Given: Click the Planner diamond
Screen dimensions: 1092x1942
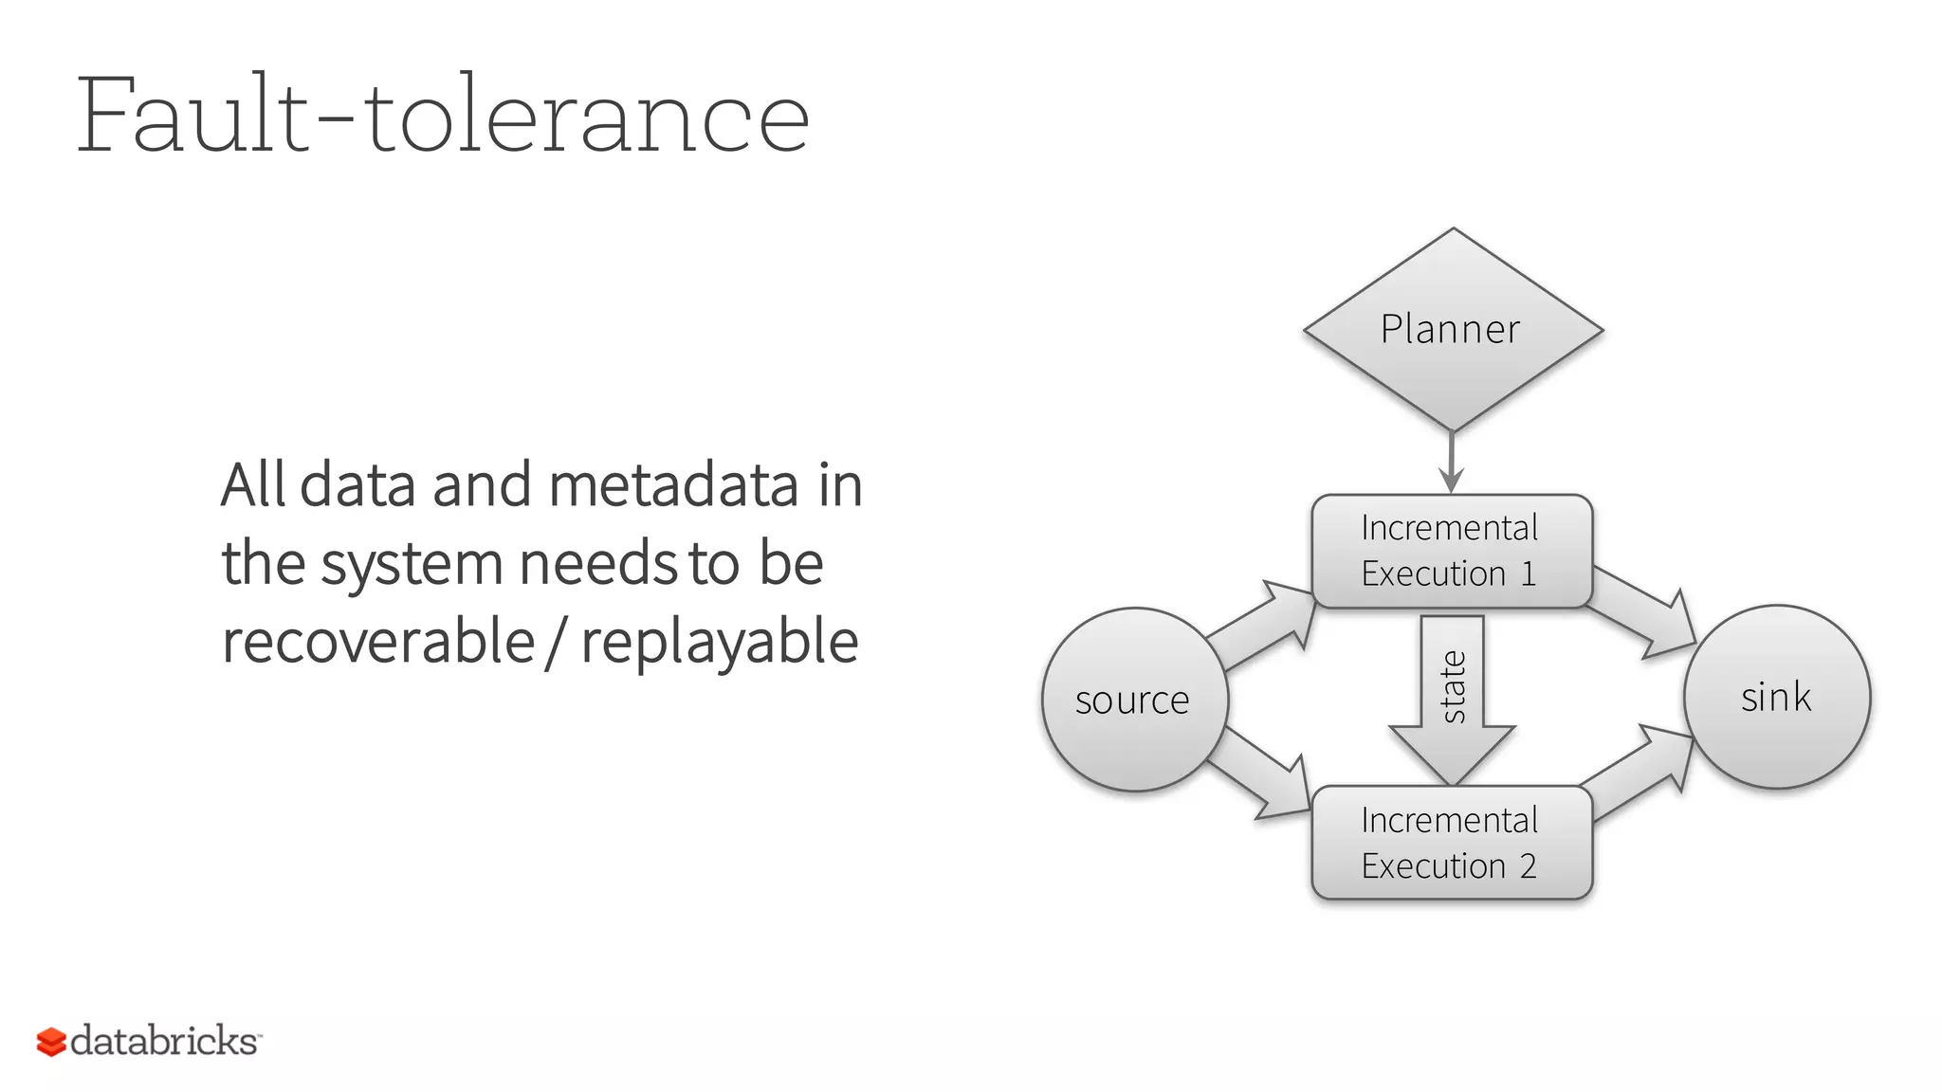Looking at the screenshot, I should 1453,329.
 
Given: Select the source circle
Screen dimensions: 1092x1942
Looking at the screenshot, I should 1135,700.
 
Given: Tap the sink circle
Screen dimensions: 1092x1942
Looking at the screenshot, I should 1776,697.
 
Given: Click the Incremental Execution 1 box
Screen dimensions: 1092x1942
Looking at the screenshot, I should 1451,551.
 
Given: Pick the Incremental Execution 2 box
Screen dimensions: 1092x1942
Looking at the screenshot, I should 1451,843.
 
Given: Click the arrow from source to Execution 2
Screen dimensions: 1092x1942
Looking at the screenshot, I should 1261,775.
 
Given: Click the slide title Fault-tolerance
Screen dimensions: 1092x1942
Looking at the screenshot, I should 443,116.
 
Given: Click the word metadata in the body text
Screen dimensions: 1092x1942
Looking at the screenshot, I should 673,485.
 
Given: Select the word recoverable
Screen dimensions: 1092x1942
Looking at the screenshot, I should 378,641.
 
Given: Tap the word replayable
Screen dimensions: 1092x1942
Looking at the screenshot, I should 720,643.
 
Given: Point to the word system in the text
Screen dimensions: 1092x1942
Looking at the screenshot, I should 412,564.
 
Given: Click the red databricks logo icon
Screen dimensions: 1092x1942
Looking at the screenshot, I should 51,1042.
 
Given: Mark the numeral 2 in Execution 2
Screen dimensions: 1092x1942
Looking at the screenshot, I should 1528,865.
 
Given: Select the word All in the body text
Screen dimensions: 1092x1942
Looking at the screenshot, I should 253,485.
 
